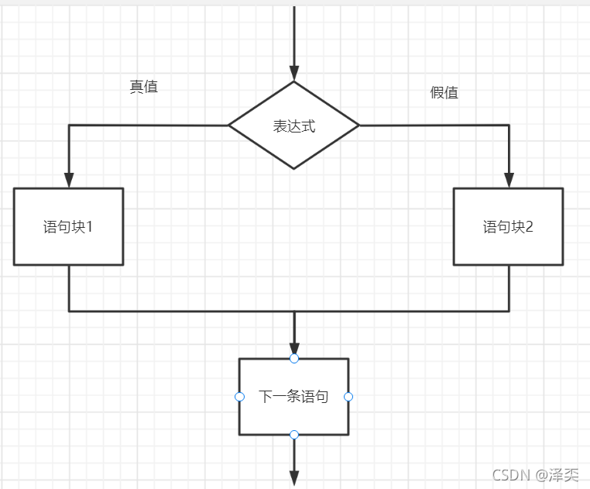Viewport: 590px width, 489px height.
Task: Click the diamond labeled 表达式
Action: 293,126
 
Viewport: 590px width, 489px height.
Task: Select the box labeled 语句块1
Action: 68,226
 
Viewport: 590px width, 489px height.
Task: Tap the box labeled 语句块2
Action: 508,226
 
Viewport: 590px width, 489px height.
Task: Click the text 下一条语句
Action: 293,397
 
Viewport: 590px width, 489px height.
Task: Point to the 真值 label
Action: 143,87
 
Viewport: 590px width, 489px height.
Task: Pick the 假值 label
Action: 444,93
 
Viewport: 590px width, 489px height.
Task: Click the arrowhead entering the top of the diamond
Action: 293,72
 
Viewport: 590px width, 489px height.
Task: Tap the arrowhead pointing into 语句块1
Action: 68,179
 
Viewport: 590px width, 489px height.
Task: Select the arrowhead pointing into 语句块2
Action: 509,179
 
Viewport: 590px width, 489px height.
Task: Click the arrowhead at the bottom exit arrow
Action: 293,477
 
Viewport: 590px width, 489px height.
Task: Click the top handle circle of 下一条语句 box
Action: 293,358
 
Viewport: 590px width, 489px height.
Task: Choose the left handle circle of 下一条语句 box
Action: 239,397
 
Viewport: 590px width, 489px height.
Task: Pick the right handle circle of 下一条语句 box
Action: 348,397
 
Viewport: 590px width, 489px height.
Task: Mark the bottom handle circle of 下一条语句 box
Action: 293,435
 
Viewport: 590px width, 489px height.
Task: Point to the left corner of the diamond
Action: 229,125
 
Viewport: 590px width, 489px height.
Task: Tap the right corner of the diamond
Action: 358,125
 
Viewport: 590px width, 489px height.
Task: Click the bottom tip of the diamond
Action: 293,168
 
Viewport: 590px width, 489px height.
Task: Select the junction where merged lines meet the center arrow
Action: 293,311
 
